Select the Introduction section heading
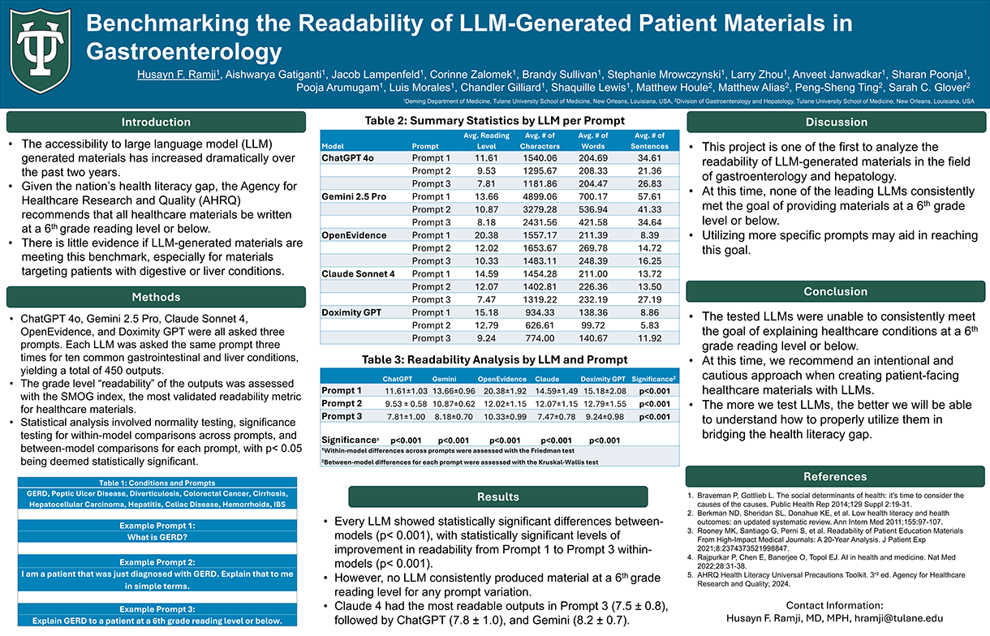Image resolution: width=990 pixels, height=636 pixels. tap(156, 122)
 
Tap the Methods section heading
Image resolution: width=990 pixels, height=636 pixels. tap(156, 297)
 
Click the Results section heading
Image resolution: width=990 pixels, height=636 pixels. tap(497, 496)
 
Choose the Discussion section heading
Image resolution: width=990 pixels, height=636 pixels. tap(836, 122)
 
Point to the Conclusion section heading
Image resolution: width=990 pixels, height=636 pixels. tap(836, 291)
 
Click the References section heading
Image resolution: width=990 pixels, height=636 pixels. tap(836, 476)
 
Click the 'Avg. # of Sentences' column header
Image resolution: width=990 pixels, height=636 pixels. tap(648, 140)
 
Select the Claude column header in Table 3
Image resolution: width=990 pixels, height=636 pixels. tap(547, 378)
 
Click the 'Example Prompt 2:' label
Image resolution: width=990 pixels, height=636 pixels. tap(157, 561)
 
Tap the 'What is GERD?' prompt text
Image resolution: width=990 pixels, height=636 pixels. tap(157, 537)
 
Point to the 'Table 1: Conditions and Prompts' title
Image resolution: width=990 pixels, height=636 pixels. tap(157, 483)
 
